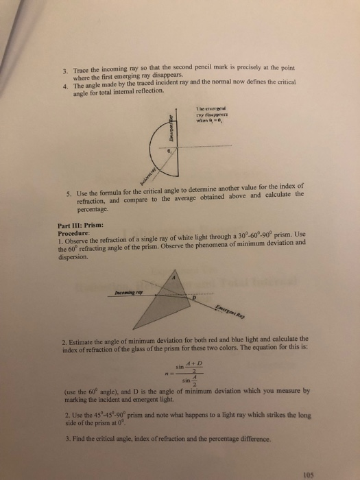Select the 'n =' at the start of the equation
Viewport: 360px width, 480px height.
162,372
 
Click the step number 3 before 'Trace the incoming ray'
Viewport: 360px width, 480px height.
64,70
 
